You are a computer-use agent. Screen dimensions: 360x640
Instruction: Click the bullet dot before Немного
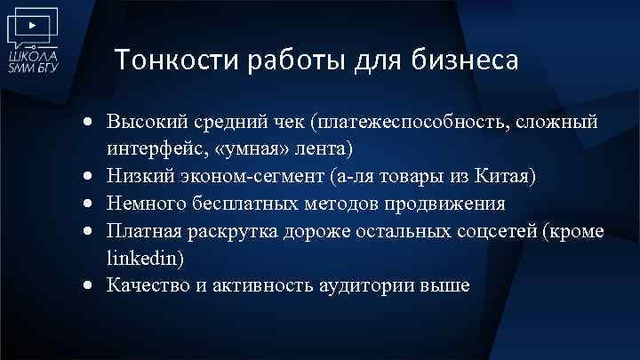pos(92,204)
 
